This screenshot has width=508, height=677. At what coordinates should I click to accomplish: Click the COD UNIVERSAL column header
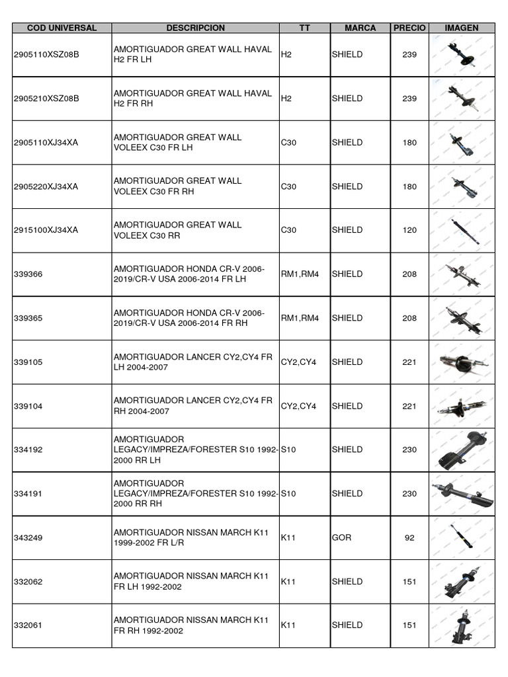coord(62,28)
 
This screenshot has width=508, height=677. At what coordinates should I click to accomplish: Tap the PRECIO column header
coord(410,28)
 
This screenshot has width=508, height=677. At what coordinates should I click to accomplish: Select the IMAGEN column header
coord(462,28)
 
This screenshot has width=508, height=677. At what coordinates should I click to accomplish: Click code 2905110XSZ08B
coord(46,55)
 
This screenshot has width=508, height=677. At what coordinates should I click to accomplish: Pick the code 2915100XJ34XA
coord(46,230)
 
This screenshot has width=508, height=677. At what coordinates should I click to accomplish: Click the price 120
coord(409,230)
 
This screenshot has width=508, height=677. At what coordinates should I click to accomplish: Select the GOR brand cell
coord(342,538)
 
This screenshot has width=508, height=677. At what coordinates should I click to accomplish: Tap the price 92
coord(409,538)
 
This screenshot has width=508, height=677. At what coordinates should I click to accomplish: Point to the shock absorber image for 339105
coord(462,362)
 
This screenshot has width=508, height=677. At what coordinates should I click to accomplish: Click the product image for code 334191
coord(462,493)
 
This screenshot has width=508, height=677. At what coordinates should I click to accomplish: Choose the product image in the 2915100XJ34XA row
coord(462,231)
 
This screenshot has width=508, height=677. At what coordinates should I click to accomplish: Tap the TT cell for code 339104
coord(298,406)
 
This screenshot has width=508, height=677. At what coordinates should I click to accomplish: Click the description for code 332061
coord(192,625)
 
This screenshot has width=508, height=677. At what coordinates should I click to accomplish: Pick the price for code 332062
coord(409,582)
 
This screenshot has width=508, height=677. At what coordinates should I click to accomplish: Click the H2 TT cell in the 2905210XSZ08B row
coord(286,99)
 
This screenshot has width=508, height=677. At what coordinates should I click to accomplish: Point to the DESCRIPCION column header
coord(195,28)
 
